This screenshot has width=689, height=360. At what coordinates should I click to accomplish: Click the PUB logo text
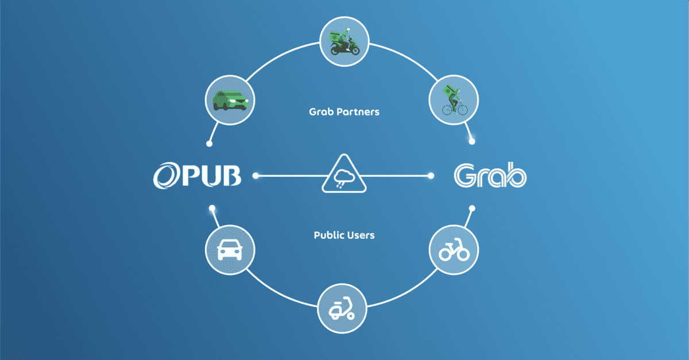click(197, 176)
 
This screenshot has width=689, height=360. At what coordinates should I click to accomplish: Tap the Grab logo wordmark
click(490, 175)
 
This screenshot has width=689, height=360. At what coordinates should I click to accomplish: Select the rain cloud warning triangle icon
click(344, 174)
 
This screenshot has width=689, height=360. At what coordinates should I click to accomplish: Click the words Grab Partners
click(344, 112)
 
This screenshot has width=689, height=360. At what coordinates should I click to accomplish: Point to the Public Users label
click(344, 235)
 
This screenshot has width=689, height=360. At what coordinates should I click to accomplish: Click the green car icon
click(230, 100)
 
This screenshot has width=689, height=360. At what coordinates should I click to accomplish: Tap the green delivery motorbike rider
click(344, 42)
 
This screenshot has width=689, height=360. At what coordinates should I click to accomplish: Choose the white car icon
click(230, 250)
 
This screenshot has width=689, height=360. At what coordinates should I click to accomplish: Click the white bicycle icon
click(454, 250)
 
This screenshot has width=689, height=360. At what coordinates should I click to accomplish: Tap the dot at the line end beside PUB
click(256, 176)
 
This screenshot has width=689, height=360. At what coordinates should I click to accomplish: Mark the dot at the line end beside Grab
click(431, 176)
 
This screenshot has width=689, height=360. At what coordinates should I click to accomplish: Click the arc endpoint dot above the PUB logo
click(209, 144)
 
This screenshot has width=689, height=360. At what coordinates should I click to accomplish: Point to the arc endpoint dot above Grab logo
click(472, 142)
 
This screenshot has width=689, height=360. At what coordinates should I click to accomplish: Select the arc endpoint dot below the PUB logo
click(212, 208)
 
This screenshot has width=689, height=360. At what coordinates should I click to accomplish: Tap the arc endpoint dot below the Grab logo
click(472, 208)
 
